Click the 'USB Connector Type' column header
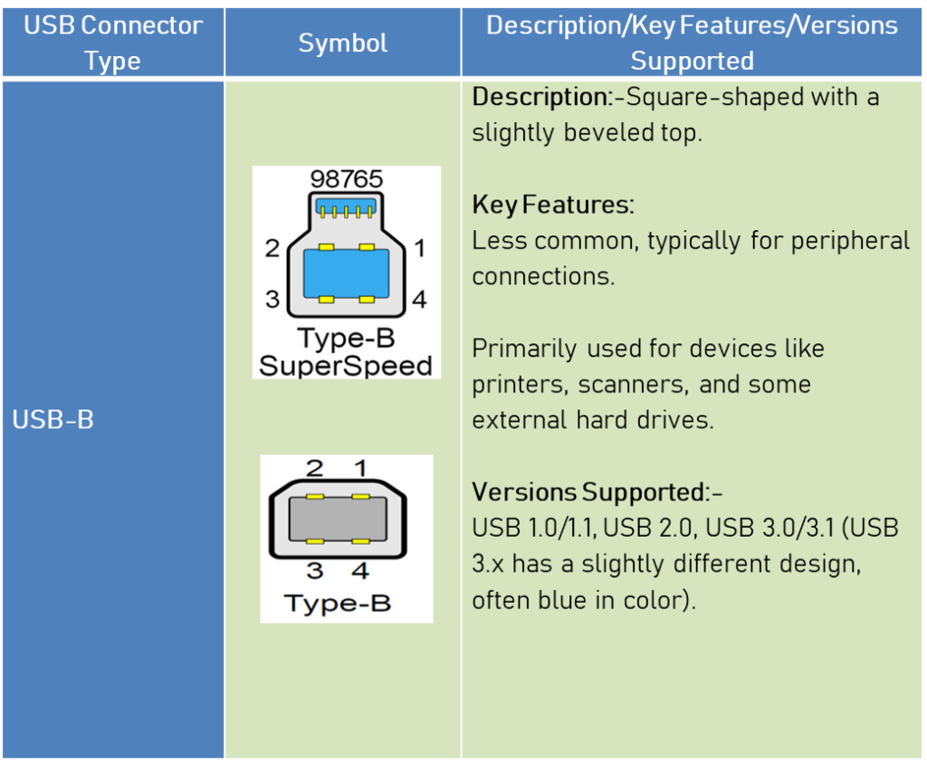[113, 43]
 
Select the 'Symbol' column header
[342, 43]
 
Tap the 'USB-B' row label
[53, 421]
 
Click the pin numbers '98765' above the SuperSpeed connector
[346, 179]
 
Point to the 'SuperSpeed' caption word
[345, 366]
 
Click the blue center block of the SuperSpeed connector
[346, 273]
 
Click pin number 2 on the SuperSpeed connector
[272, 248]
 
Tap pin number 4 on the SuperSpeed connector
[419, 299]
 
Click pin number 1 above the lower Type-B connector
[359, 468]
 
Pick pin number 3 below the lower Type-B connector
[313, 571]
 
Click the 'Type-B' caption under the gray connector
[337, 603]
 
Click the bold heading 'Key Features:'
[553, 205]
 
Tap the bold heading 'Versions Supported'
[588, 492]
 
